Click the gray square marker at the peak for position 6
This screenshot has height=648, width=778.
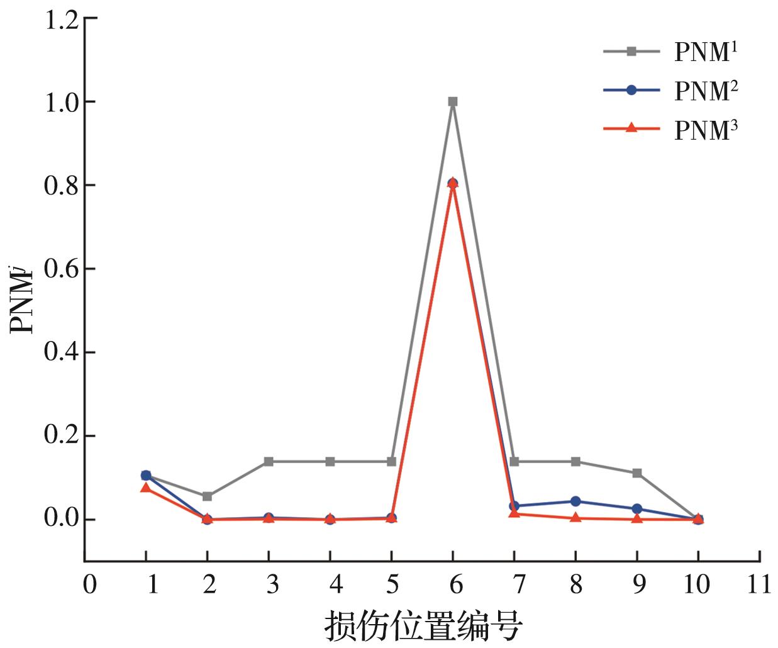(453, 101)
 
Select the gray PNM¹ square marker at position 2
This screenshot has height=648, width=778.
(208, 496)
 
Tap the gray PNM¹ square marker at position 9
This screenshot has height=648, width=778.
(637, 473)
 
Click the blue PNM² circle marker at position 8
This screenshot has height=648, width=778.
(575, 501)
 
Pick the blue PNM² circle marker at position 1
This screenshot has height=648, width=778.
(146, 475)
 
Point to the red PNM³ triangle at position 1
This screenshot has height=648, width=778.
(146, 488)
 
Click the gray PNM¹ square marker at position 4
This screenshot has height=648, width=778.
(330, 462)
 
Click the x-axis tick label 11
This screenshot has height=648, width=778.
(759, 585)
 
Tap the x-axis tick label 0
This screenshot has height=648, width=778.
(90, 585)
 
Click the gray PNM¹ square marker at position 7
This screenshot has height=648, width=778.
(514, 462)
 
